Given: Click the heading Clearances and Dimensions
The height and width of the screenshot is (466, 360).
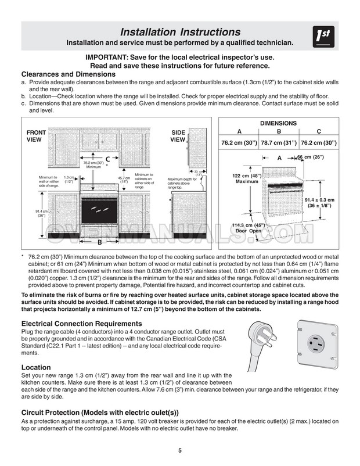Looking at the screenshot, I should [x=68, y=75].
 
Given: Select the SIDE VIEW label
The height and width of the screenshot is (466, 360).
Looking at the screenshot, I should [x=178, y=136].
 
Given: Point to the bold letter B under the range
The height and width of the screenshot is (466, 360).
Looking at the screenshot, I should [x=100, y=242].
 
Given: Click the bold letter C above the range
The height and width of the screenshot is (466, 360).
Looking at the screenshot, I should [x=107, y=158].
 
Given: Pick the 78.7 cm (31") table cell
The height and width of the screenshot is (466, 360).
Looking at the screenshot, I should [x=279, y=143].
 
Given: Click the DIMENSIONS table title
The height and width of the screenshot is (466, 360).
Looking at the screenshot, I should [x=278, y=123].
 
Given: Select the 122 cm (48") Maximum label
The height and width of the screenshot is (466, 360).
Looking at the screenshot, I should [x=246, y=178].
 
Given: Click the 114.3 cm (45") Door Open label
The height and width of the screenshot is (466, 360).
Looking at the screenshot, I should [x=249, y=228].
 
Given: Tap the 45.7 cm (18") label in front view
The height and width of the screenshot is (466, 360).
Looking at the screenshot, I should [x=124, y=180].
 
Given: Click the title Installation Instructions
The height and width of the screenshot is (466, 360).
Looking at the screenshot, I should [x=180, y=31].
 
